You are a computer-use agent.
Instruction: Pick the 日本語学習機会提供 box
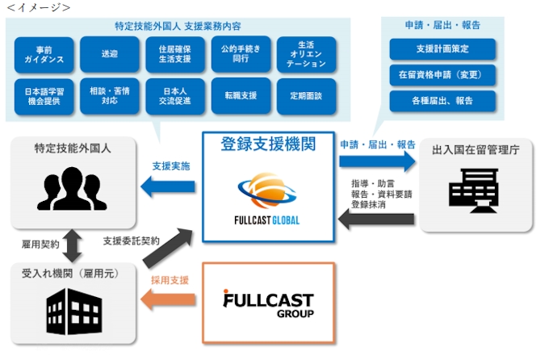click(44, 95)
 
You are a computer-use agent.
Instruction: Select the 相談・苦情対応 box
click(109, 95)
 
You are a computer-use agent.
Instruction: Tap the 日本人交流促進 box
click(175, 95)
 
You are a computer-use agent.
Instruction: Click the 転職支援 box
click(241, 95)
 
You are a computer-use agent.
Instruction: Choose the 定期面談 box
click(306, 95)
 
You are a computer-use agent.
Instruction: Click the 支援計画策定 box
click(442, 49)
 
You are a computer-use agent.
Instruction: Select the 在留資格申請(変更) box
click(442, 75)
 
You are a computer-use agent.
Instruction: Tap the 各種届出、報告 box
click(442, 102)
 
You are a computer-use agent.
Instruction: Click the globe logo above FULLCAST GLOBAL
click(267, 189)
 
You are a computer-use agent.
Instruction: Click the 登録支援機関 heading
click(267, 145)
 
